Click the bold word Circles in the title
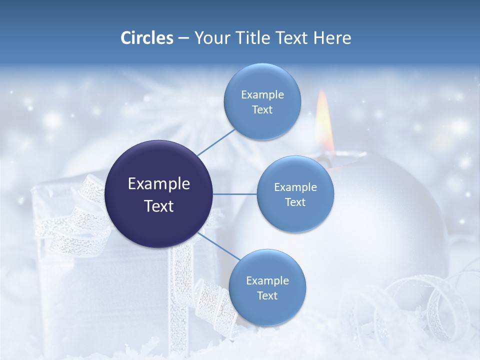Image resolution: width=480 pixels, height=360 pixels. pyautogui.click(x=146, y=38)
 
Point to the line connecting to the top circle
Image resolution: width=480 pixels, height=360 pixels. pyautogui.click(x=216, y=142)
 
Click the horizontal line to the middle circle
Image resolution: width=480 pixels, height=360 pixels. pyautogui.click(x=235, y=194)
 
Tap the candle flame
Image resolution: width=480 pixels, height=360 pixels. pyautogui.click(x=325, y=122)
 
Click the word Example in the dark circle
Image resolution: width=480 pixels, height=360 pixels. pyautogui.click(x=159, y=184)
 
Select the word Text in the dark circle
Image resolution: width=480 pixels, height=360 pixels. pyautogui.click(x=159, y=206)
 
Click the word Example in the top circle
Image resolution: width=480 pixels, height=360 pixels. pyautogui.click(x=262, y=95)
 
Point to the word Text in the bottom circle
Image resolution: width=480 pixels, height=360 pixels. pyautogui.click(x=267, y=295)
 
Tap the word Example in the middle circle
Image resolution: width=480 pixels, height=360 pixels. pyautogui.click(x=295, y=187)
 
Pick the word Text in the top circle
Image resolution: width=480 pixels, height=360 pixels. pyautogui.click(x=262, y=110)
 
